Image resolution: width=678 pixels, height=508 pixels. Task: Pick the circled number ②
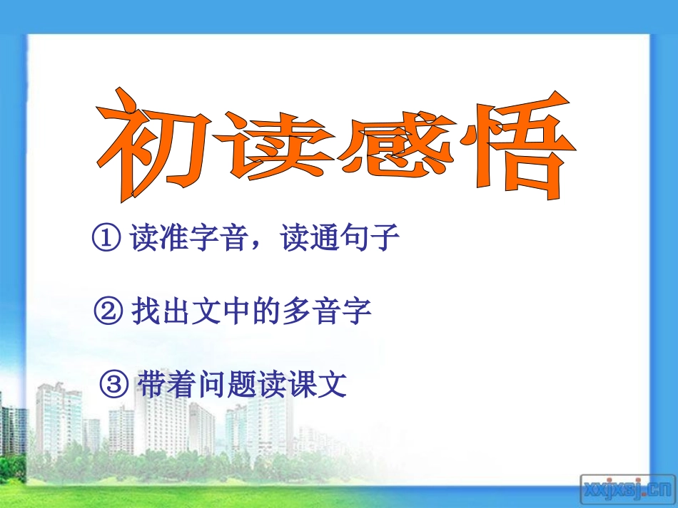point(108,311)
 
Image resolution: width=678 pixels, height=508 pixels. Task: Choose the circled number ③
point(113,385)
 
